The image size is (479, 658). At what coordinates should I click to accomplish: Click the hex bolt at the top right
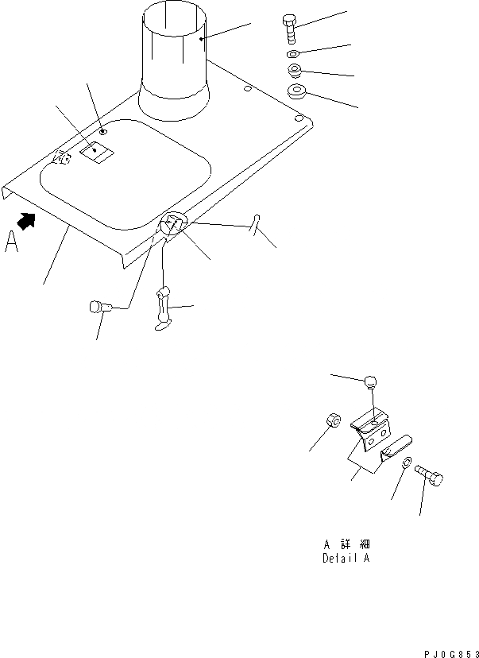(291, 28)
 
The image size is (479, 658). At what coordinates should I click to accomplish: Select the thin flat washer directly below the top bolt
(293, 54)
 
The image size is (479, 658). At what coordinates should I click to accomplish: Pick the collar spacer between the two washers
(295, 72)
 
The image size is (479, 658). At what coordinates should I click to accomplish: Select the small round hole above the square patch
(102, 131)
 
